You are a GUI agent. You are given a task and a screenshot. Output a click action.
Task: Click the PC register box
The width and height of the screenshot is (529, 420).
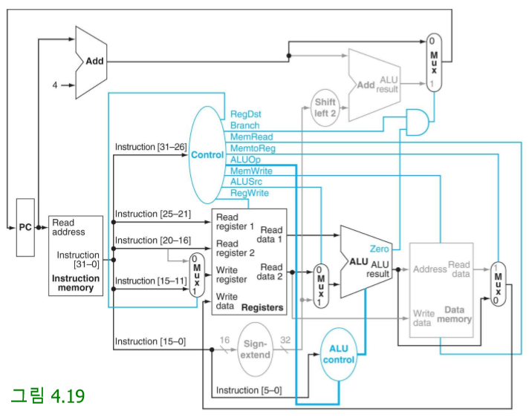25,227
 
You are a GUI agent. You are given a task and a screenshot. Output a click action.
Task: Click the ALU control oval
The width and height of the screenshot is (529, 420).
338,354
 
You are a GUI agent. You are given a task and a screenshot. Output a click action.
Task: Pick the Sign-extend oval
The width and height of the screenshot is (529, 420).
256,350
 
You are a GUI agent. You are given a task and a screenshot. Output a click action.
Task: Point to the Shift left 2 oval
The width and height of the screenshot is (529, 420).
325,108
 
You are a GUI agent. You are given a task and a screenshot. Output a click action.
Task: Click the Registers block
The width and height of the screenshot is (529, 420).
249,261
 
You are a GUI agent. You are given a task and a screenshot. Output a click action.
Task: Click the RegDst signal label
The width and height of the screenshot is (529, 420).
245,114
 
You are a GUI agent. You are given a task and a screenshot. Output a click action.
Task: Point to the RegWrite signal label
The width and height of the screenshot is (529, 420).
249,193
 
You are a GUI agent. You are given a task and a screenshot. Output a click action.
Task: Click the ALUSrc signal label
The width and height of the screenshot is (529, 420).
246,182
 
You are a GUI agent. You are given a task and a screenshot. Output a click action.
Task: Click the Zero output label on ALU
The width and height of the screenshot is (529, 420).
379,249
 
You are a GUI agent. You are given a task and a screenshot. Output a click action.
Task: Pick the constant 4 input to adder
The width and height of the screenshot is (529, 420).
54,85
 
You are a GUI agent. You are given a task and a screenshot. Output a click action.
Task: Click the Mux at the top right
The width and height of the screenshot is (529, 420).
434,62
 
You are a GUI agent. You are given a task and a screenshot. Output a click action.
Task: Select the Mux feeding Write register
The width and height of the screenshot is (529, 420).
196,275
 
